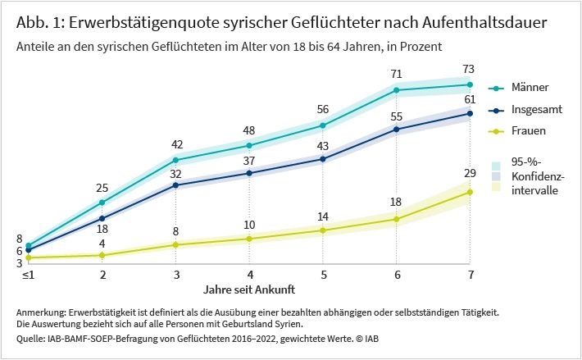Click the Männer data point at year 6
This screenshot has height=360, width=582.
click(397, 90)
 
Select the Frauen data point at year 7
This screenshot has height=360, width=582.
click(471, 192)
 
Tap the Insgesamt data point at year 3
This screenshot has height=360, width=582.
click(175, 185)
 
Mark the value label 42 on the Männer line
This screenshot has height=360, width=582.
click(175, 144)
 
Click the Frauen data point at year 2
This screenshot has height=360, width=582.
click(102, 255)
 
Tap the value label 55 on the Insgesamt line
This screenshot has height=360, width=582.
click(397, 117)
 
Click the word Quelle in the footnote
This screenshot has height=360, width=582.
click(30, 337)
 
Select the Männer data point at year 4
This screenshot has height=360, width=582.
click(249, 145)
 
